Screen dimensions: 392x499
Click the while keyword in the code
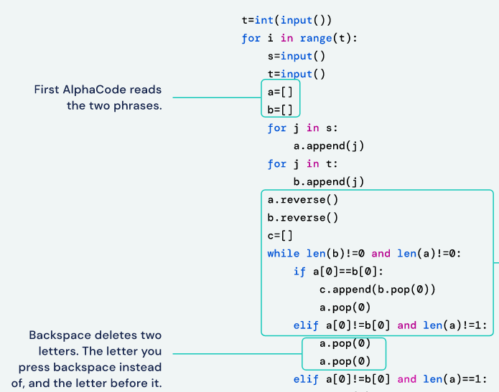[x=281, y=253]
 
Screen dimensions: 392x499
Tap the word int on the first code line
[x=265, y=20]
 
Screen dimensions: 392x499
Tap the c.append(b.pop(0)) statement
[x=377, y=289]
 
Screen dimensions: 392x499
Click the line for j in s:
[x=302, y=128]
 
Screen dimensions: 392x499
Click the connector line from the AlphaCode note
[x=215, y=98]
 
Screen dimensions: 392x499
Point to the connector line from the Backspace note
[x=237, y=353]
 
